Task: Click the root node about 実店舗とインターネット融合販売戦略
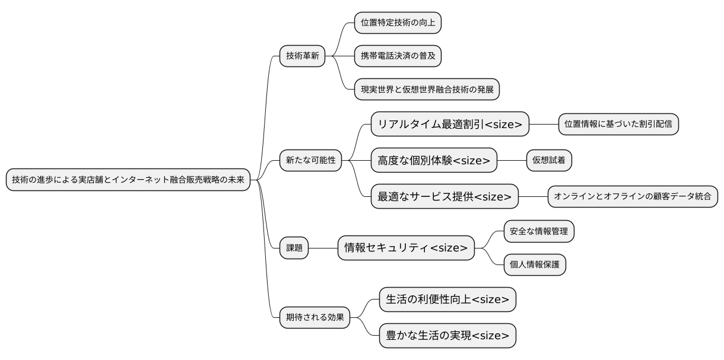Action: click(128, 180)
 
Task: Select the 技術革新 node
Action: click(302, 56)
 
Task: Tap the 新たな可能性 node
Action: click(310, 161)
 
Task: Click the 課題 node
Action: click(294, 249)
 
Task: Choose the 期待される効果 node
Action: click(315, 317)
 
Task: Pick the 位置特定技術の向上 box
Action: click(398, 23)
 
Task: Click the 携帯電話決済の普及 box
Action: click(398, 56)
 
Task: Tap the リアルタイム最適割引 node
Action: click(449, 124)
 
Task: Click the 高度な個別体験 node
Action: click(433, 161)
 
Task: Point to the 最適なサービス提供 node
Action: click(444, 196)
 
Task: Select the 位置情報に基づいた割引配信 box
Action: click(618, 124)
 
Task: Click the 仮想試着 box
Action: click(549, 160)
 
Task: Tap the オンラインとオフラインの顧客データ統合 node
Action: click(633, 196)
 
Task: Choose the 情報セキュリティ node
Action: click(406, 248)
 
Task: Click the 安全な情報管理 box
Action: click(539, 231)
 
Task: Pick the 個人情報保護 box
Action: click(535, 265)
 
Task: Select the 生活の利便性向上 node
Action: click(447, 300)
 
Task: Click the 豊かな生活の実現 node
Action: click(447, 336)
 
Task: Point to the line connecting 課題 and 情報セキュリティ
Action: click(323, 249)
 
